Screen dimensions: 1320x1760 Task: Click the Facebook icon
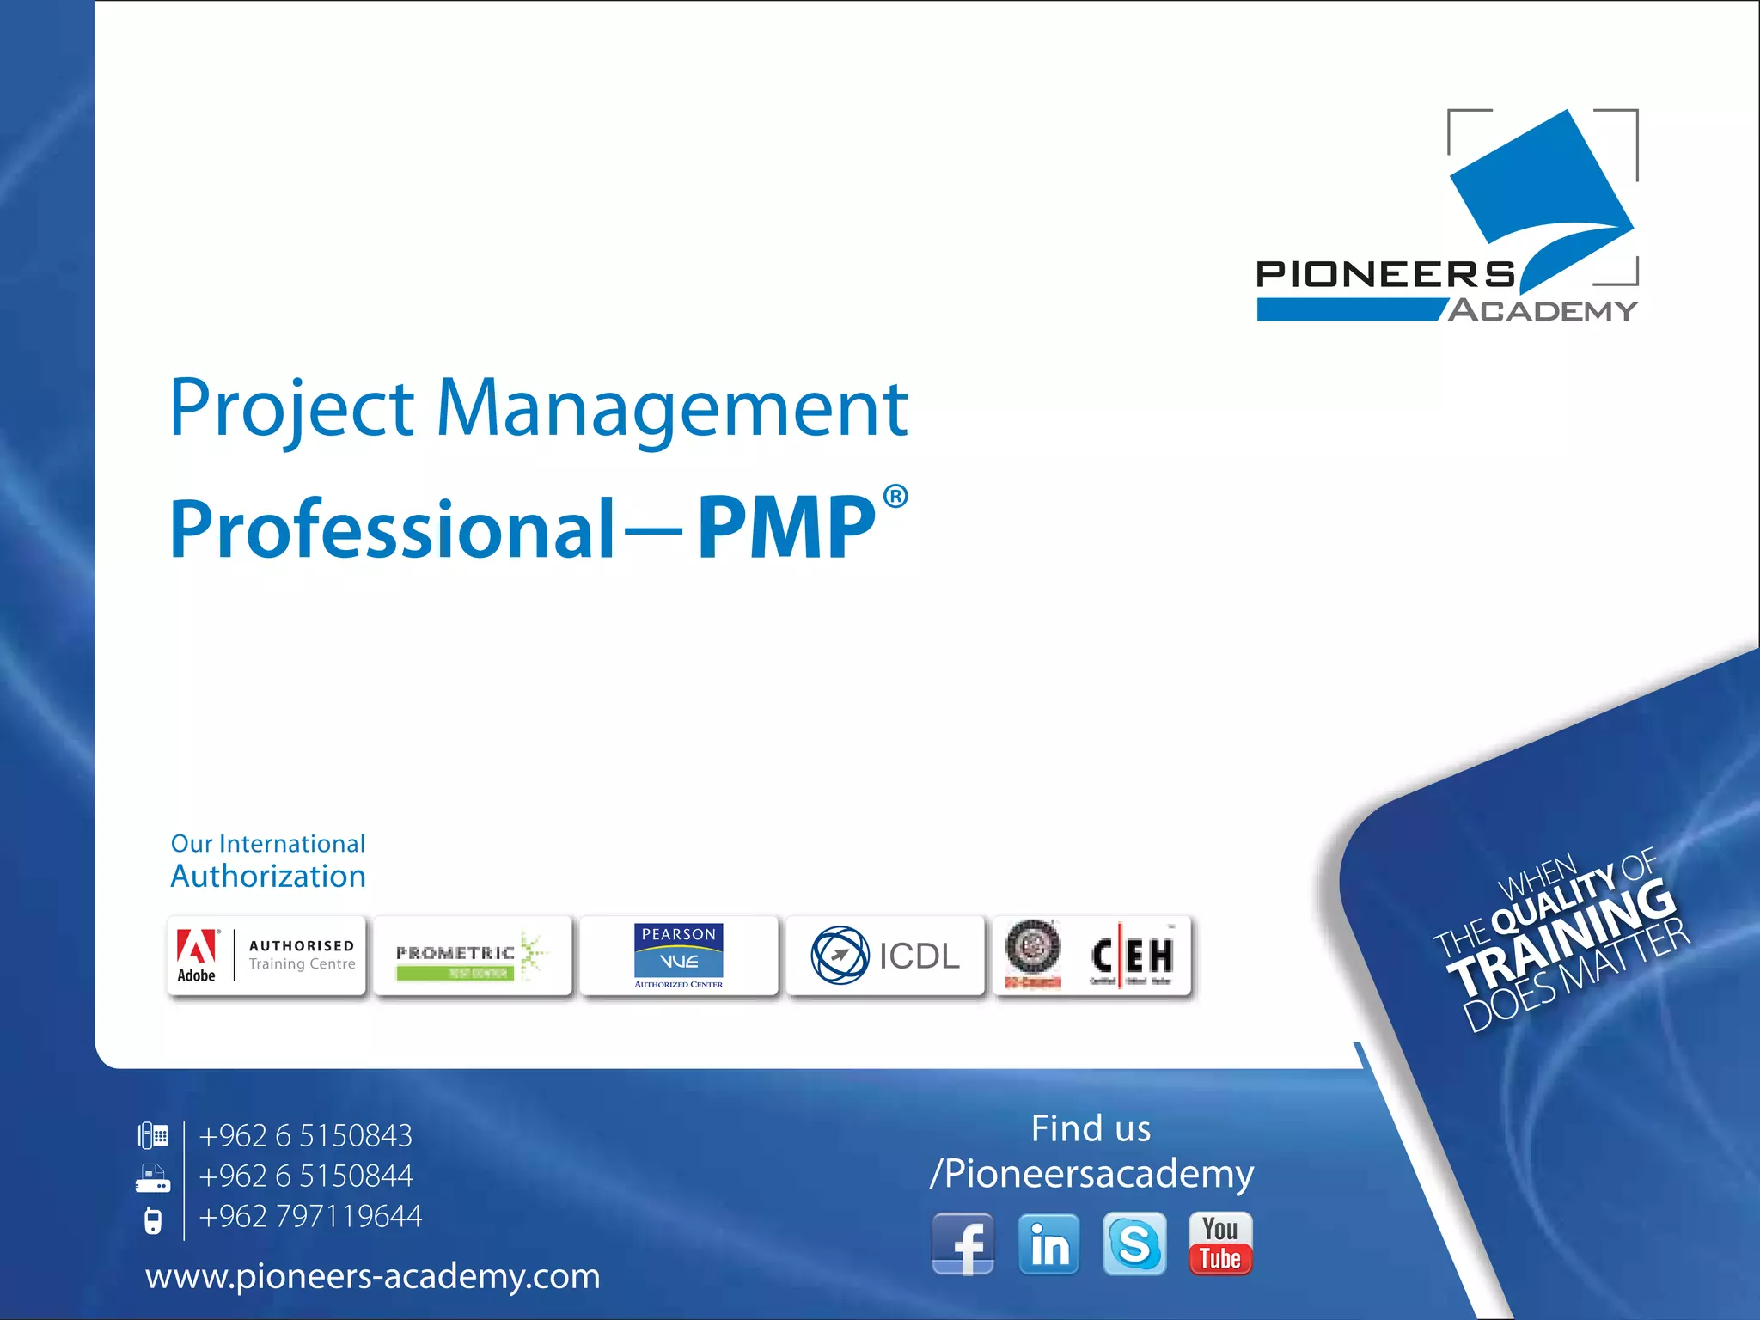click(x=962, y=1244)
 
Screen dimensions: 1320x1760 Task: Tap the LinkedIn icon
click(x=1048, y=1244)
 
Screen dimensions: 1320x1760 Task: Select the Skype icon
click(x=1134, y=1244)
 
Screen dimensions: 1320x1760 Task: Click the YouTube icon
click(x=1220, y=1244)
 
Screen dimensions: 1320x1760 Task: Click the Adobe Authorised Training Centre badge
click(x=266, y=956)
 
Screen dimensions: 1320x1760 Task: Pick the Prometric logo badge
click(x=473, y=956)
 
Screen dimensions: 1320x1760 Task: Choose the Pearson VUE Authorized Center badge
click(x=679, y=956)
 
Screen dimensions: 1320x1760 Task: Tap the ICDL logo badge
click(x=885, y=956)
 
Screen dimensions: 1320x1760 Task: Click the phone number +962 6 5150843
click(x=305, y=1136)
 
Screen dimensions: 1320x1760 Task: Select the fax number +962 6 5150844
click(x=305, y=1176)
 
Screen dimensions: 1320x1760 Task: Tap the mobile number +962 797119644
click(x=310, y=1216)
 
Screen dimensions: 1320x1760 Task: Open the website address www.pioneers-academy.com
click(x=372, y=1276)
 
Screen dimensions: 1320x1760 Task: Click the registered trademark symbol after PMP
click(x=895, y=497)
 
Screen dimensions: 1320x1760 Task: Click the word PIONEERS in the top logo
click(x=1385, y=275)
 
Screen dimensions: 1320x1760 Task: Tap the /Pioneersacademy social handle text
click(x=1091, y=1174)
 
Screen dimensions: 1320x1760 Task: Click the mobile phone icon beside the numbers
click(x=153, y=1220)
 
